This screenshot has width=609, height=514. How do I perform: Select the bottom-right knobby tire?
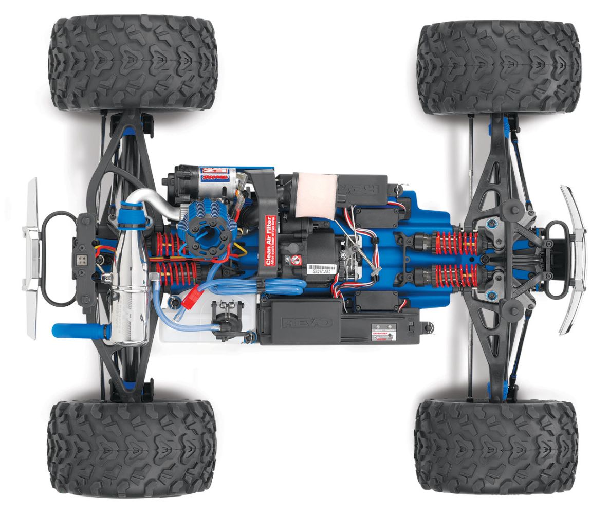click(x=496, y=445)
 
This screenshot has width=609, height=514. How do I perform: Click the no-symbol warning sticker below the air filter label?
click(x=295, y=260)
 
